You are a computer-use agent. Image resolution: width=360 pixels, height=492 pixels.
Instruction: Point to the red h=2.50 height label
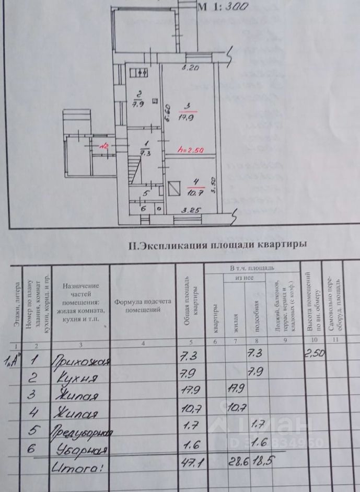(x=191, y=150)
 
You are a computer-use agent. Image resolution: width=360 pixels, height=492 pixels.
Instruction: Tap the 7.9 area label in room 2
(x=138, y=103)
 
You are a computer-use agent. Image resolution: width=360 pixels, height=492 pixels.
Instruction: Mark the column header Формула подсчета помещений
(x=142, y=305)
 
